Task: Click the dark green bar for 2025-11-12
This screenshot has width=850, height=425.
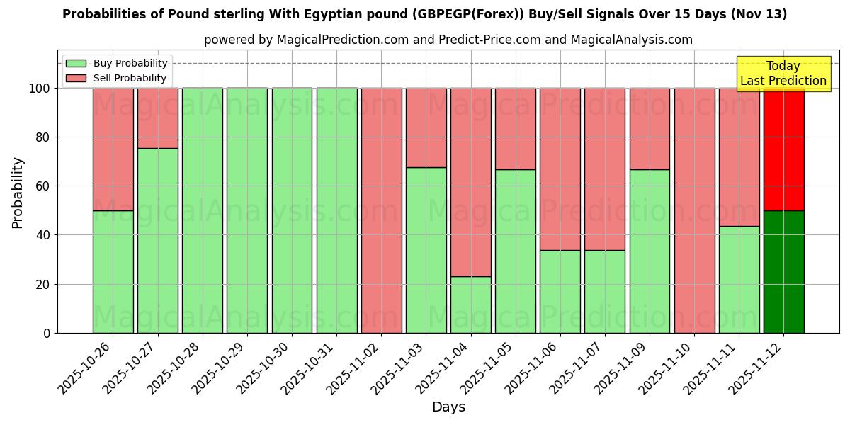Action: tap(783, 271)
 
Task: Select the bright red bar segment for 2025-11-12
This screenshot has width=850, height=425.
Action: tap(783, 149)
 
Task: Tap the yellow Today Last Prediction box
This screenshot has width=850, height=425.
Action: tap(783, 74)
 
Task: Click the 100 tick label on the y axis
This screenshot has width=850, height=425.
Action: tap(40, 89)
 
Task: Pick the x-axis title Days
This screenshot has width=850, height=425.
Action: tap(448, 407)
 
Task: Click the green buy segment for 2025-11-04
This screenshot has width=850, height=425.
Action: tap(470, 305)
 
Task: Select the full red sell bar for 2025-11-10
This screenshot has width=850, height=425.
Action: tap(694, 210)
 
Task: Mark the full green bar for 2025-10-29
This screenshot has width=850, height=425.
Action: tap(247, 210)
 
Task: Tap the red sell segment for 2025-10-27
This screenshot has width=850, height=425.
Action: tap(157, 118)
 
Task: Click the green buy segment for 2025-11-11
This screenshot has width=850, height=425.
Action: tap(739, 279)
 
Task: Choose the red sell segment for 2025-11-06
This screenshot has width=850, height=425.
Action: tap(560, 169)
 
